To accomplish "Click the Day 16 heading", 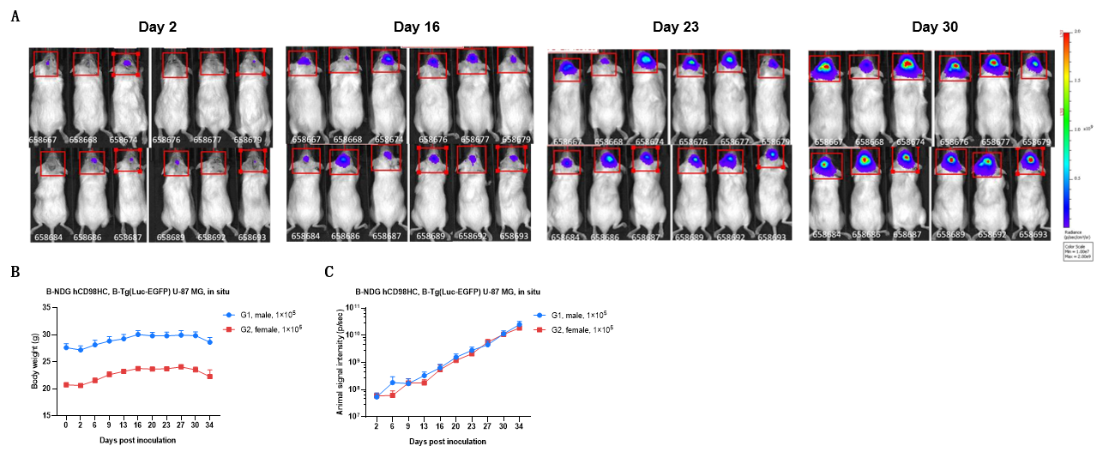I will tap(416, 27).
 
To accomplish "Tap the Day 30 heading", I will tap(934, 27).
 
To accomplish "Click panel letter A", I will tap(15, 16).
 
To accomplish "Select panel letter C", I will tap(329, 273).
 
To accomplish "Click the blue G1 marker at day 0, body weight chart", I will tap(66, 347).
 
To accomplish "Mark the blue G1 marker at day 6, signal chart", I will tap(392, 383).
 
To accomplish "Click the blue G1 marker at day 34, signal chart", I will tap(519, 324).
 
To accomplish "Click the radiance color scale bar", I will tap(1064, 129).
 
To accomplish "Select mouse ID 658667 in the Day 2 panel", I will tap(47, 139).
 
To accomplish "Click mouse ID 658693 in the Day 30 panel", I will tap(1029, 233).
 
